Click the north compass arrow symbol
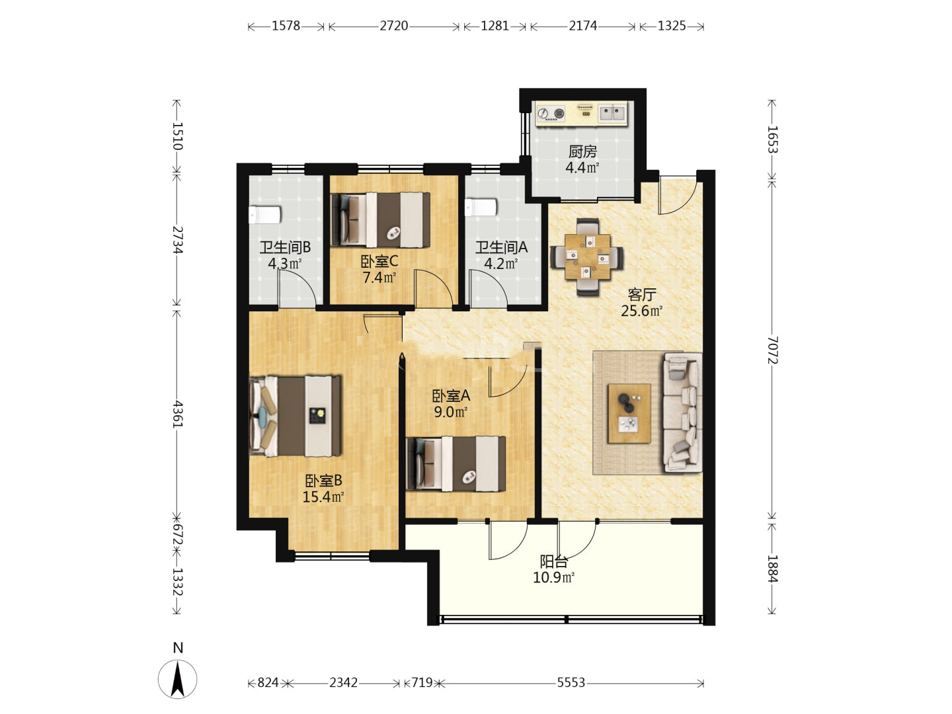(x=177, y=679)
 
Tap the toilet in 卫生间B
(x=264, y=215)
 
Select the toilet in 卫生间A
(x=481, y=207)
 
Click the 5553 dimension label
(x=571, y=683)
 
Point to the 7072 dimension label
(x=772, y=350)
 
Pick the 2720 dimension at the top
(x=394, y=26)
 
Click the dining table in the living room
(x=587, y=257)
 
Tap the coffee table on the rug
(x=629, y=413)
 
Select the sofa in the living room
(x=682, y=413)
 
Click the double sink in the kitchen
(x=612, y=113)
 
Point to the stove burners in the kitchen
(x=551, y=114)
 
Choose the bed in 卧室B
(x=295, y=416)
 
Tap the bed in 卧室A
(x=456, y=464)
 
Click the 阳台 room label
(x=554, y=562)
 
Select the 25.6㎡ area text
(x=641, y=311)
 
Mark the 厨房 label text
(x=582, y=152)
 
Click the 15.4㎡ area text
(x=323, y=496)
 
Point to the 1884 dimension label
(x=772, y=569)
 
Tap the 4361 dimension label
(x=177, y=414)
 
